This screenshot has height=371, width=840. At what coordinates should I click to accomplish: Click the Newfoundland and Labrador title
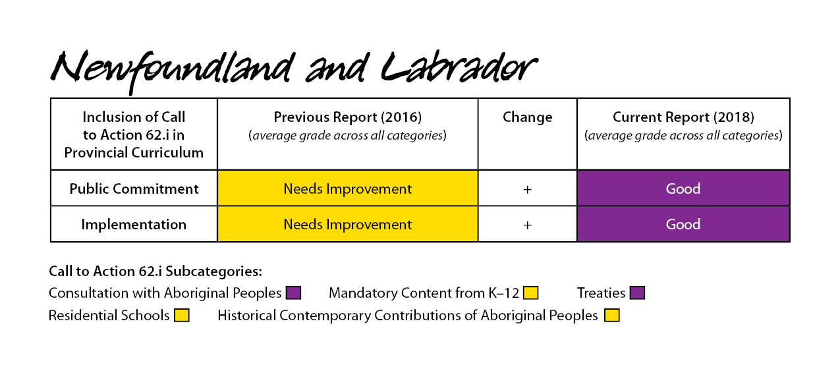pos(294,71)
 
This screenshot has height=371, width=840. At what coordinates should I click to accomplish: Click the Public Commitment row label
pos(134,188)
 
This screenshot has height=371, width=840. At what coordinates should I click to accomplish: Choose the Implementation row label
pos(134,224)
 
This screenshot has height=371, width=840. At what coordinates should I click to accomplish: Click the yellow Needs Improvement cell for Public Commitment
pos(348,188)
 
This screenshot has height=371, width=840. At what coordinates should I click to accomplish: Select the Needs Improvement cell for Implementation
pos(348,224)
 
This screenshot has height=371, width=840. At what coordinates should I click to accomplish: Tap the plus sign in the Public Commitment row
pos(527,189)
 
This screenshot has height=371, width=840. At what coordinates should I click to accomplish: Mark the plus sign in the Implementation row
pos(527,225)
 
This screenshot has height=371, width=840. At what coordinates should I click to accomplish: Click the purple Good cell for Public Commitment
pos(683,188)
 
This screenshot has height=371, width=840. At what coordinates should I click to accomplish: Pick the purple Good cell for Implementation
pos(683,224)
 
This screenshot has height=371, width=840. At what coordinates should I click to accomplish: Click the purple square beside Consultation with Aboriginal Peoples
pos(293,293)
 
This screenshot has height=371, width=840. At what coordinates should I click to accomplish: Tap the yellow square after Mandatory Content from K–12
pos(530,293)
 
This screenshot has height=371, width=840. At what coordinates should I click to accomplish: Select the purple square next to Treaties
pos(637,293)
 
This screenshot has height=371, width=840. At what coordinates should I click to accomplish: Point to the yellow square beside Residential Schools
pos(181,315)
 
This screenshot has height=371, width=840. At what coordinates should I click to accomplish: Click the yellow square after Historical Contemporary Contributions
pos(611,315)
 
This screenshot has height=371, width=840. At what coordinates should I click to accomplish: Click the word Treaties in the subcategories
pos(601,293)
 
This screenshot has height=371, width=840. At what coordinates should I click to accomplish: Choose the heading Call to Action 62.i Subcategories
pos(155,271)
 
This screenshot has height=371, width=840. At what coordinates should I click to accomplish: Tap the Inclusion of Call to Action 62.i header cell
pos(134,134)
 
